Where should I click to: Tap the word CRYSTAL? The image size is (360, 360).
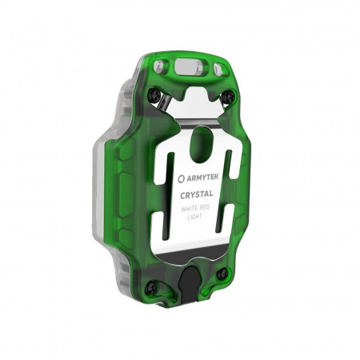tap(197, 194)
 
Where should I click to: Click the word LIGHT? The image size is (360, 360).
tap(195, 217)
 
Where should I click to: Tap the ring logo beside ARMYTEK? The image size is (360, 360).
tap(182, 178)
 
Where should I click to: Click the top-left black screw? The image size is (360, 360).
tap(155, 94)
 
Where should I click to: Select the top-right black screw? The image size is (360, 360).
tap(230, 96)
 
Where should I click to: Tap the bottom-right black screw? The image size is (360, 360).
tap(222, 274)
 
